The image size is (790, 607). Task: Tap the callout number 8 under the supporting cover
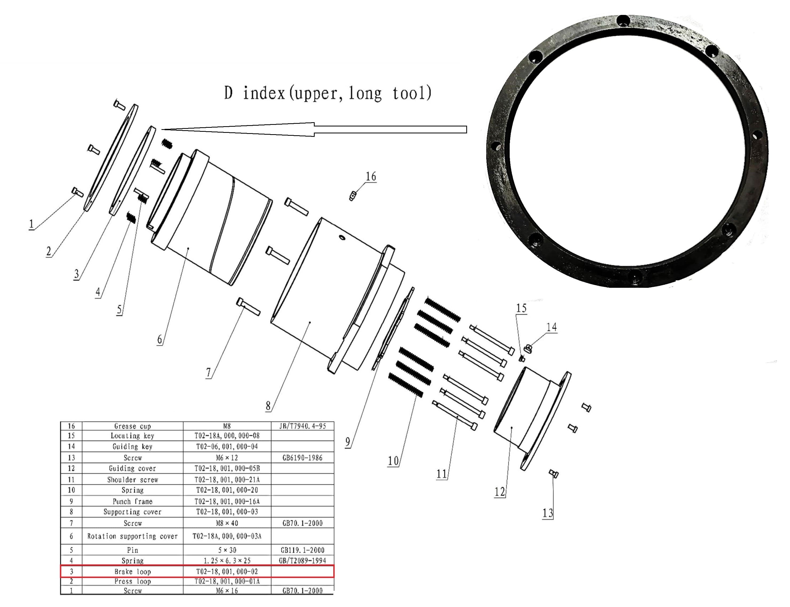[x=268, y=406]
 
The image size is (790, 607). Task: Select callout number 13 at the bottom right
[x=547, y=513]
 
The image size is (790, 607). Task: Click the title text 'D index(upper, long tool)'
[x=327, y=93]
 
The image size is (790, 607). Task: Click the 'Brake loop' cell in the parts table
[x=132, y=572]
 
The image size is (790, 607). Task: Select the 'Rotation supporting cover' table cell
[x=132, y=536]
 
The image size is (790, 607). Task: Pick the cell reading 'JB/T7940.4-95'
[x=302, y=426]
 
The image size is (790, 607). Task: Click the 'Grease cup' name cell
[x=132, y=426]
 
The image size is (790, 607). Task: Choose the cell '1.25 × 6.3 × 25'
[x=227, y=561]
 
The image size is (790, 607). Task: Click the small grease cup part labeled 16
[x=353, y=196]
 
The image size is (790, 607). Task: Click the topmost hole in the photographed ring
[x=623, y=20]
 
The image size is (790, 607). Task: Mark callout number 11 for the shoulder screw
[x=441, y=474]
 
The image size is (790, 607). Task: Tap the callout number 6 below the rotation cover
[x=159, y=340]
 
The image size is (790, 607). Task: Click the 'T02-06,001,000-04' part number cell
[x=227, y=446]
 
